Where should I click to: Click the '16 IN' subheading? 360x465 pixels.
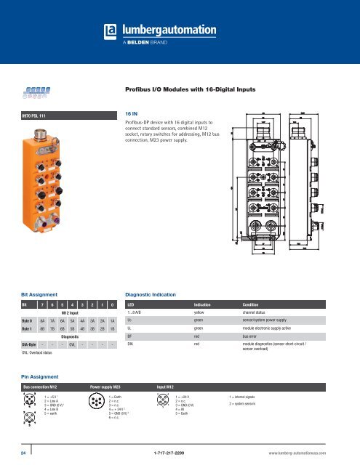[133, 114]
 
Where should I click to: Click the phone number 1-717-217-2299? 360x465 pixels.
[180, 450]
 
